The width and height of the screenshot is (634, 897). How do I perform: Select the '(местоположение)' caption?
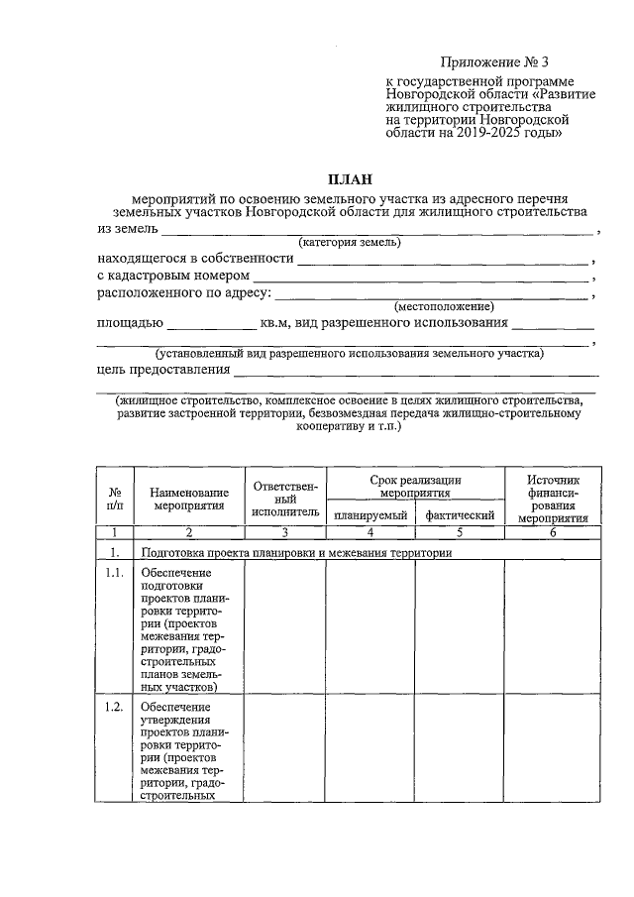444,307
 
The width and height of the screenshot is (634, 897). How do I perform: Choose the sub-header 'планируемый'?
370,515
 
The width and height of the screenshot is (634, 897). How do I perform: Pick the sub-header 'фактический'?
460,515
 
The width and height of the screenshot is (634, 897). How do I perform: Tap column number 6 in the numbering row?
553,533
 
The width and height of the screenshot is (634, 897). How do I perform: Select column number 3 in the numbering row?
285,533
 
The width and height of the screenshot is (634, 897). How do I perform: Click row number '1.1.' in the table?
115,574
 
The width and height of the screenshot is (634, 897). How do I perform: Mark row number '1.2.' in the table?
115,707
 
